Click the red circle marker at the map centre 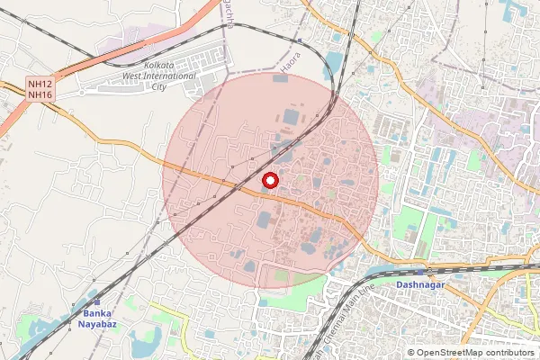[270, 180]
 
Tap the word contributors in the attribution [506, 353]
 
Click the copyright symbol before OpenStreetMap [411, 353]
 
